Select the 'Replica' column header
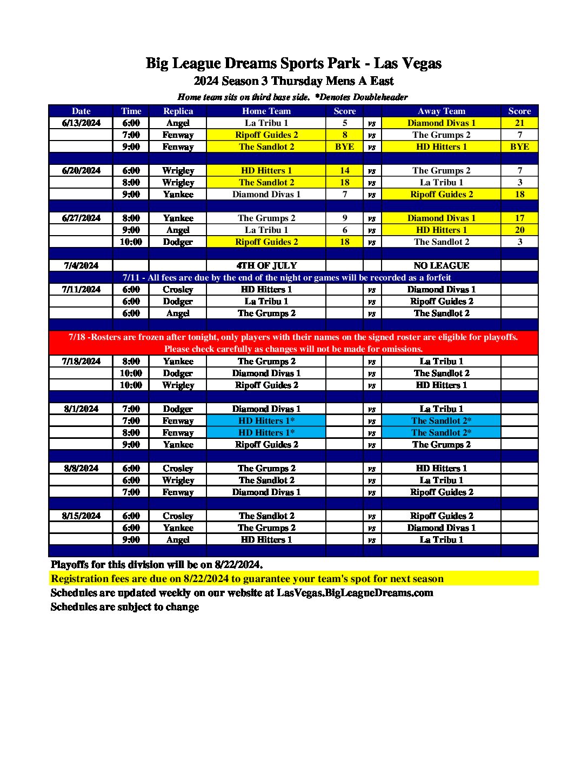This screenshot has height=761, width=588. [178, 111]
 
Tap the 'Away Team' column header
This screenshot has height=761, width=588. [441, 111]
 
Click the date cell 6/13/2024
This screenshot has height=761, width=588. [81, 123]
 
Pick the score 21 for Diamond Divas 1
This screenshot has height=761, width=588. [519, 123]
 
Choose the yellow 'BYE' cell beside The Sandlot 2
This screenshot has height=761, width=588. [344, 146]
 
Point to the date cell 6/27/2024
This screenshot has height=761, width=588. [81, 218]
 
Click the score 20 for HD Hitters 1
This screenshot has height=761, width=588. [519, 230]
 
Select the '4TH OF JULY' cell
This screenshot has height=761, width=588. [266, 265]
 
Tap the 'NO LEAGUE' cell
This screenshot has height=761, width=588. [441, 265]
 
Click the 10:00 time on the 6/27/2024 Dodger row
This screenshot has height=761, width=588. [131, 242]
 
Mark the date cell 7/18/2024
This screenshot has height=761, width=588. [81, 361]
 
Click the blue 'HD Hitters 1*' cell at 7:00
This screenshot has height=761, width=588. [266, 420]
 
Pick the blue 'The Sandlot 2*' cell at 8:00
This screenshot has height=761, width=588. [441, 432]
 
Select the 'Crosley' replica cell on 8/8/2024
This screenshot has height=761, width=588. [178, 468]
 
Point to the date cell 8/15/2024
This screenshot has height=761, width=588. [81, 516]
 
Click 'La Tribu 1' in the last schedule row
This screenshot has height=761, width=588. [441, 539]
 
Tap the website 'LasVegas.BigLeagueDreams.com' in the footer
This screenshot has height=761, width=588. [355, 593]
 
